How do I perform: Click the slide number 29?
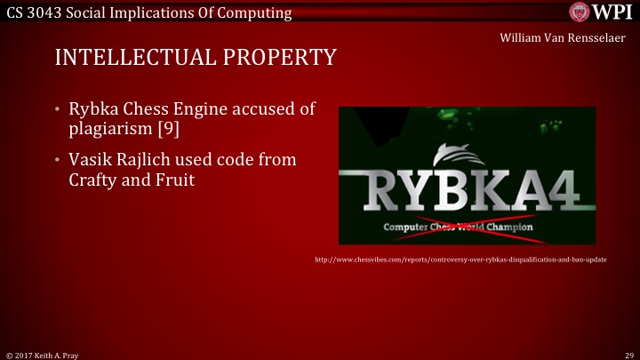click(629, 354)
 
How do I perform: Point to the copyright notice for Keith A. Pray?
click(43, 354)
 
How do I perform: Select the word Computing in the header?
click(260, 12)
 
